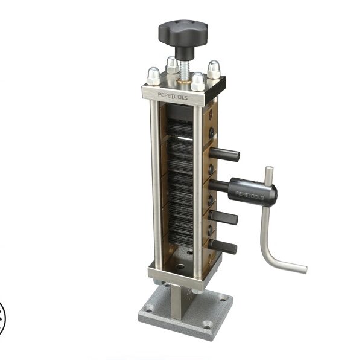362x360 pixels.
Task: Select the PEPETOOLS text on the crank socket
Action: [x=248, y=194]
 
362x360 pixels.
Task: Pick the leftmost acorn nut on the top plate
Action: [x=153, y=77]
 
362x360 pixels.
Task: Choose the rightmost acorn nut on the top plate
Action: [x=214, y=69]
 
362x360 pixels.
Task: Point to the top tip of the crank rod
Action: [x=268, y=170]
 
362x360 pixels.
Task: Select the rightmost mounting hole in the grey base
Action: [x=224, y=298]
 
